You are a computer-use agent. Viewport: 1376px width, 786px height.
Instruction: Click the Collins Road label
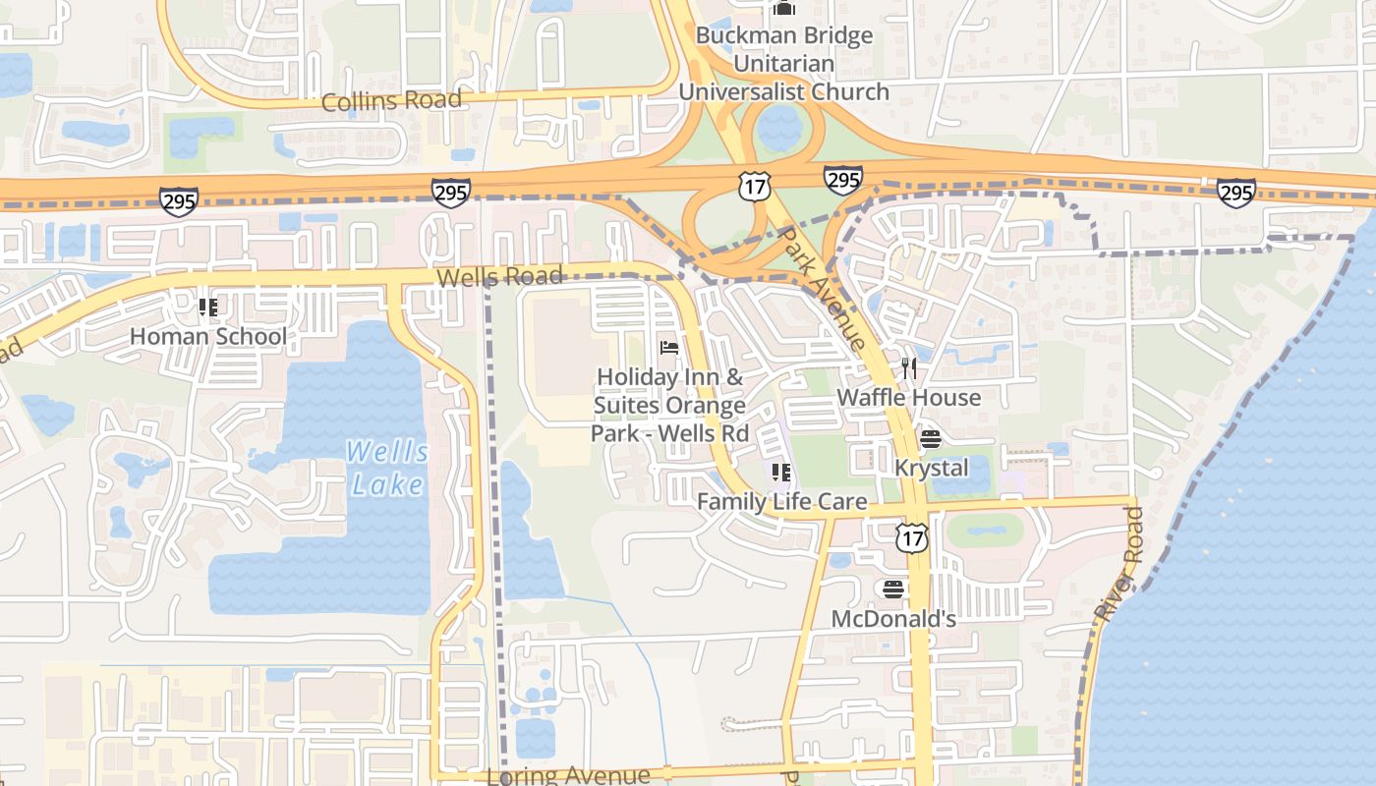pyautogui.click(x=391, y=100)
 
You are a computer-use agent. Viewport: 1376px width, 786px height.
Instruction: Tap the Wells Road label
pyautogui.click(x=499, y=277)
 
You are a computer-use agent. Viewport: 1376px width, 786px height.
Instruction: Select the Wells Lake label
pyautogui.click(x=388, y=468)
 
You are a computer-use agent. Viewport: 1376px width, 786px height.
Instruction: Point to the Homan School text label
pyautogui.click(x=208, y=336)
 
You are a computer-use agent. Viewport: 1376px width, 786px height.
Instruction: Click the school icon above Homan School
pyautogui.click(x=208, y=308)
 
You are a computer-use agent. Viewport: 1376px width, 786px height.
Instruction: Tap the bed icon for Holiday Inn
pyautogui.click(x=669, y=348)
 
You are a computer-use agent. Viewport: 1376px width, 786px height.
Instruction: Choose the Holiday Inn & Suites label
pyautogui.click(x=670, y=405)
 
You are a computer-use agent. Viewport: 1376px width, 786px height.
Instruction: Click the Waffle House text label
pyautogui.click(x=908, y=397)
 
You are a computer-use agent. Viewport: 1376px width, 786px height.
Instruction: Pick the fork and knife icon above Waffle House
pyautogui.click(x=909, y=368)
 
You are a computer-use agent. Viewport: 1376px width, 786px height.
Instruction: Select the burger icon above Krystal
pyautogui.click(x=931, y=438)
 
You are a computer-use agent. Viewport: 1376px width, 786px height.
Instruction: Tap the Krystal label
pyautogui.click(x=931, y=467)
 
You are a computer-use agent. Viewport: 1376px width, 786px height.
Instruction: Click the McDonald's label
pyautogui.click(x=893, y=619)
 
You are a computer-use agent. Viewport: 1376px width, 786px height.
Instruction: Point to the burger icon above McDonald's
pyautogui.click(x=893, y=589)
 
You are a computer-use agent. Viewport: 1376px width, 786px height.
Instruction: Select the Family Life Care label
pyautogui.click(x=781, y=502)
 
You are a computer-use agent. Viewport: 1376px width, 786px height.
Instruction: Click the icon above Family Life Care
pyautogui.click(x=781, y=474)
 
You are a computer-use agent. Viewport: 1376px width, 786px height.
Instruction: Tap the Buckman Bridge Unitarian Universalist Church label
pyautogui.click(x=783, y=64)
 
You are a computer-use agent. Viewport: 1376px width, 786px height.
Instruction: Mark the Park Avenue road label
pyautogui.click(x=821, y=289)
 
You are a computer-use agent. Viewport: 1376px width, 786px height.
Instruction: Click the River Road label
pyautogui.click(x=1119, y=564)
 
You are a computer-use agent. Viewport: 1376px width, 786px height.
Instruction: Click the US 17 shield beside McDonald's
pyautogui.click(x=912, y=536)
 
